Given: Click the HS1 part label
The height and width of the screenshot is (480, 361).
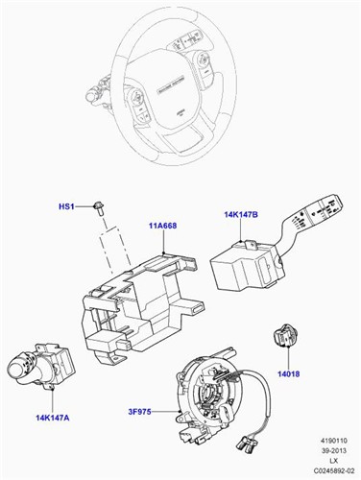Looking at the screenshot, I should click(x=66, y=205).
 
